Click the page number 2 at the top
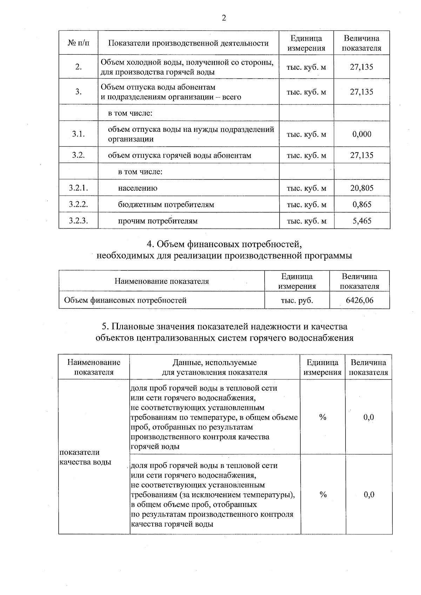224,18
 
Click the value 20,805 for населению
362,188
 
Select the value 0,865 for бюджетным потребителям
362,204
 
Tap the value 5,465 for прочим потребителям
362,221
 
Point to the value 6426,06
360,300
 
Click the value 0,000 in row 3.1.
362,134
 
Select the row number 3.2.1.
78,188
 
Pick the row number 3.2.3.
78,221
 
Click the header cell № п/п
78,43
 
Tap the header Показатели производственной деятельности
188,43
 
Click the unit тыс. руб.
297,300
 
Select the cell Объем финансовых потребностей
125,300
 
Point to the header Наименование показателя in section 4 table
162,281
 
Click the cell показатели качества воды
85,457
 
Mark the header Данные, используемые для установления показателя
215,367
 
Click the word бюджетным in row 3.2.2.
136,204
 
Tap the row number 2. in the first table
78,67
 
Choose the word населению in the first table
138,188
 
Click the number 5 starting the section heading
104,326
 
